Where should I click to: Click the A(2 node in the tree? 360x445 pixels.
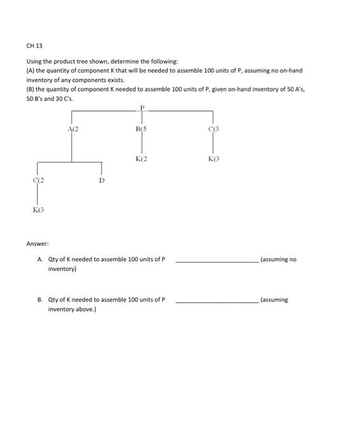pyautogui.click(x=72, y=129)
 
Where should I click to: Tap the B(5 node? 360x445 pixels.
pyautogui.click(x=141, y=129)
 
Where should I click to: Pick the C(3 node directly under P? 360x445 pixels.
pyautogui.click(x=213, y=129)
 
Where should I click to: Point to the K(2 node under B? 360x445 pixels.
pyautogui.click(x=141, y=158)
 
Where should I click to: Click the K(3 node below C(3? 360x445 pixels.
pyautogui.click(x=213, y=158)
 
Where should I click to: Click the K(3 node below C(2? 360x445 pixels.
pyautogui.click(x=38, y=209)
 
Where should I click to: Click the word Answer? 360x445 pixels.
pyautogui.click(x=37, y=243)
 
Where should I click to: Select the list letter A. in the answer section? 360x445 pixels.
pyautogui.click(x=41, y=259)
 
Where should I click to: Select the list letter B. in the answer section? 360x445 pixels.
pyautogui.click(x=41, y=299)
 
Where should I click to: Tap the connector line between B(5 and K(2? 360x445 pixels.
pyautogui.click(x=141, y=144)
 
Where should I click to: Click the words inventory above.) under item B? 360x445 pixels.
pyautogui.click(x=73, y=310)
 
